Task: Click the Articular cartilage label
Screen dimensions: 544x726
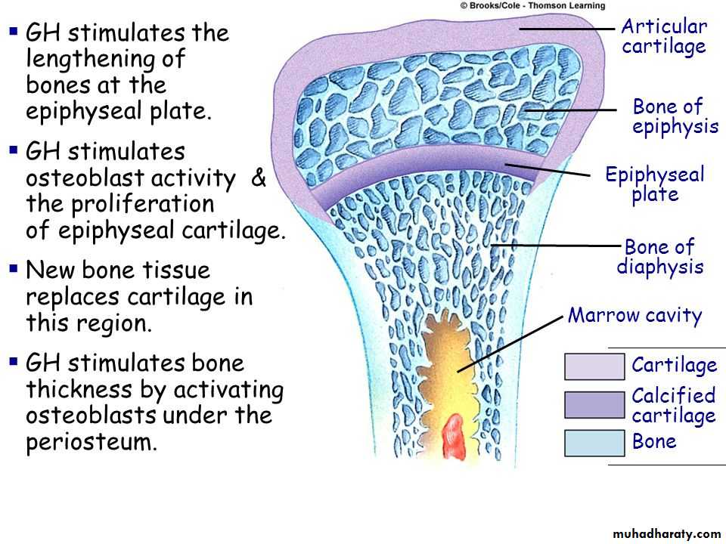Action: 663,36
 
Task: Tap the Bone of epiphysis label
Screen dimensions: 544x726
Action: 675,116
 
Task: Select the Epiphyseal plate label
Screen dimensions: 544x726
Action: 654,184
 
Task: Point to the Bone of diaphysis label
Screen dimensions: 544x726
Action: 659,257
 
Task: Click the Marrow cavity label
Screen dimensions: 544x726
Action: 634,315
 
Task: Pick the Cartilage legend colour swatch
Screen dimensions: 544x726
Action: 594,366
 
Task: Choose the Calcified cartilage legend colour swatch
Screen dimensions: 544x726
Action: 594,405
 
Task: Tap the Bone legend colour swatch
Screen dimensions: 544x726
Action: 594,443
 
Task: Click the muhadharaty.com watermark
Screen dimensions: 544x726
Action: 667,533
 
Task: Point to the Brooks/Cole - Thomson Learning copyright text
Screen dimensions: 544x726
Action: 532,5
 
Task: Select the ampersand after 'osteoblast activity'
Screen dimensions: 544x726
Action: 258,178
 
